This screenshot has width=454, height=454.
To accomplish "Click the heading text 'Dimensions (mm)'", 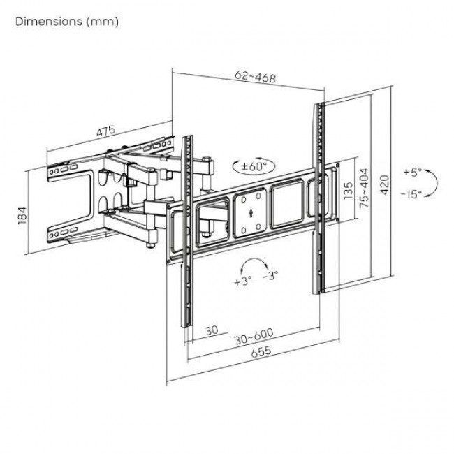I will click(x=66, y=22).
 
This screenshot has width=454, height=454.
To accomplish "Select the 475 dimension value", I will click(x=105, y=131).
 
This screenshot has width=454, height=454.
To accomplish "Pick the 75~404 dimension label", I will click(x=363, y=189).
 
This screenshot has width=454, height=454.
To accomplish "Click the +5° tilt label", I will click(x=412, y=170).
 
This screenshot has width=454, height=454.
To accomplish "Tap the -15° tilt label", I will click(x=411, y=194).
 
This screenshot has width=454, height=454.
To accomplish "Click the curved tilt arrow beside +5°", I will click(x=432, y=182).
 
